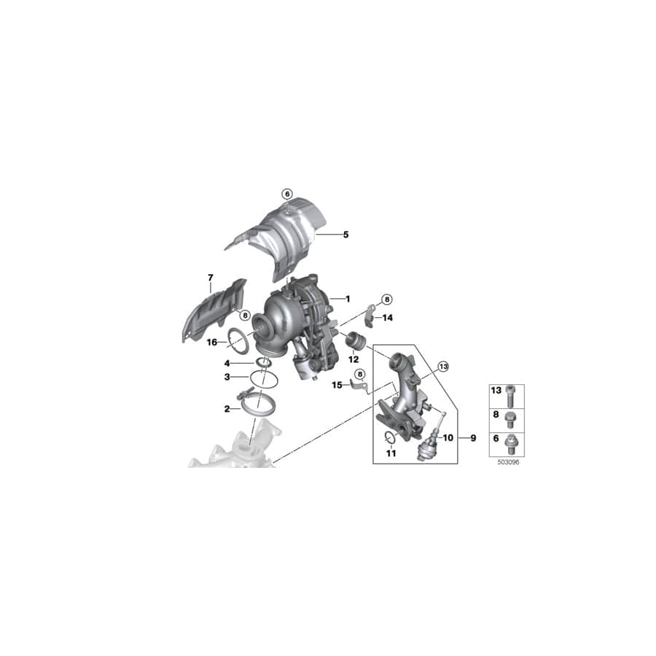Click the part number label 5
(346, 235)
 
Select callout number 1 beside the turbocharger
(348, 299)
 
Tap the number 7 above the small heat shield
(210, 278)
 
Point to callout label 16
(211, 342)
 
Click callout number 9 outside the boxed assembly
(473, 438)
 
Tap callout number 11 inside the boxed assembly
(390, 453)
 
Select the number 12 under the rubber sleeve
(354, 359)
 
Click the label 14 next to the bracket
(387, 318)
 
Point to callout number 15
(337, 384)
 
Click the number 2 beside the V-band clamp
(227, 410)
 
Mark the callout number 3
(227, 377)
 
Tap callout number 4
(227, 363)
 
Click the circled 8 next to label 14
(386, 299)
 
